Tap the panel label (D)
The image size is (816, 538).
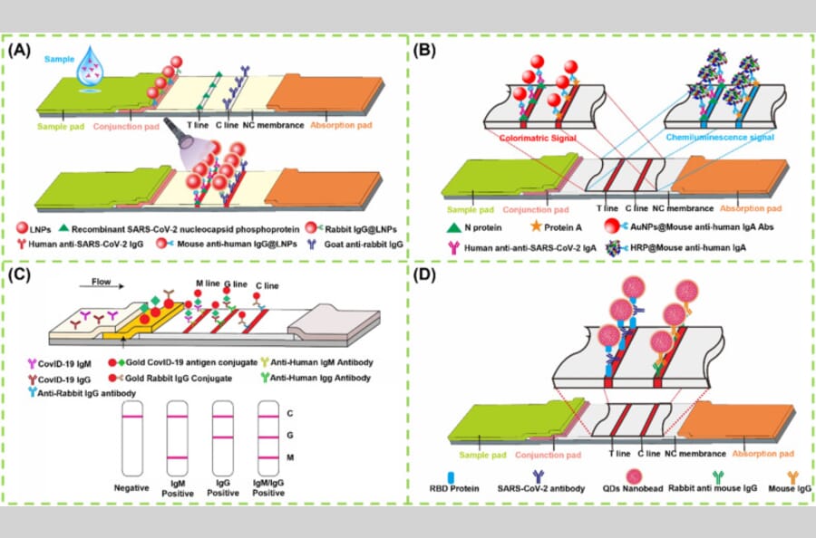click(x=426, y=273)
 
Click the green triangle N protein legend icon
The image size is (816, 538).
click(x=447, y=226)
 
